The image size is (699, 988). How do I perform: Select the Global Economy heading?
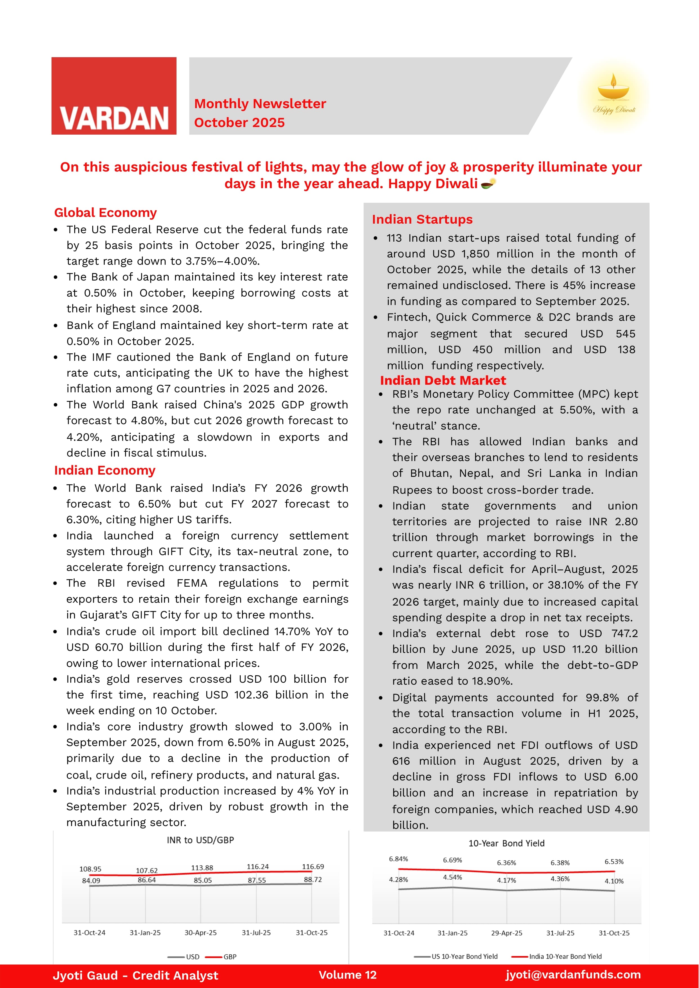coord(106,213)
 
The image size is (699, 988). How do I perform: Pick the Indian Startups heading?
coord(422,220)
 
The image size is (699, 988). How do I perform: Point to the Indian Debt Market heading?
coord(443,380)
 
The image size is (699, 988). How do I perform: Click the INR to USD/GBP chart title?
coord(200,840)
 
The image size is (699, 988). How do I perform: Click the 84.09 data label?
coord(91,880)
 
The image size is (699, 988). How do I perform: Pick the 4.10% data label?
coord(614,881)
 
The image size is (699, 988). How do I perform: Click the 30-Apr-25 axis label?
coord(200,933)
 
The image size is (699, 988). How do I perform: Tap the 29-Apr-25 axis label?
coord(507,933)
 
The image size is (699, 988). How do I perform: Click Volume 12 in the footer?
coord(347,975)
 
